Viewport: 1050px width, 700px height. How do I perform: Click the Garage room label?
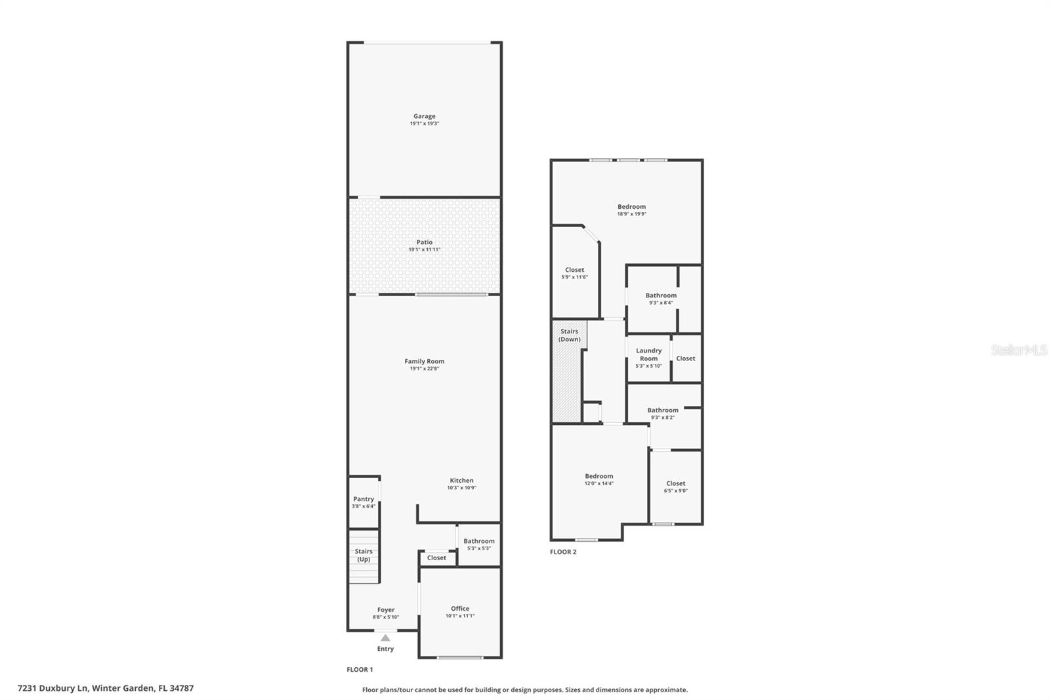point(424,117)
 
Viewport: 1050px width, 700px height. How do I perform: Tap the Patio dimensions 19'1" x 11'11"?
point(424,250)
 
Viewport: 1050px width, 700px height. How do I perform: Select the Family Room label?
point(424,361)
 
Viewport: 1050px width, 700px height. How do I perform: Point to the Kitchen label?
point(461,481)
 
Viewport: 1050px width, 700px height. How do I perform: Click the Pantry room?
point(364,502)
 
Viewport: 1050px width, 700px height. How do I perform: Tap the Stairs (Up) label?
point(364,556)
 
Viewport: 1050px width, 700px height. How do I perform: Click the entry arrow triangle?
point(385,638)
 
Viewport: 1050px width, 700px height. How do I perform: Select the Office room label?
point(460,609)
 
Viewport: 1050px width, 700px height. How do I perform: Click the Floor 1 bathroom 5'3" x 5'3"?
point(479,544)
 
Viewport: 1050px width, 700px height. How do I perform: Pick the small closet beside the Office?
point(436,558)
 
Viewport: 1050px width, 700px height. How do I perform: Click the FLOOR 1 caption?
point(360,670)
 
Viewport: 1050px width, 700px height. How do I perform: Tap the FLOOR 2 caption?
point(563,552)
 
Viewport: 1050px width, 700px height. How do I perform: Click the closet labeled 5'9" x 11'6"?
point(574,273)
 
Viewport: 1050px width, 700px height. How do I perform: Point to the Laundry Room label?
point(648,355)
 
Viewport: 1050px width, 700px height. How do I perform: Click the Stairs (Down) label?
point(569,336)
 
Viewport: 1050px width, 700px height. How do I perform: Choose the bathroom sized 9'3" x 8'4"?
point(661,299)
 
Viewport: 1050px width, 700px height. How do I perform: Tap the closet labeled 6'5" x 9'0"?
point(675,487)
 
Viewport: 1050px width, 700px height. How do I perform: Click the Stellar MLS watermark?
point(1018,351)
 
